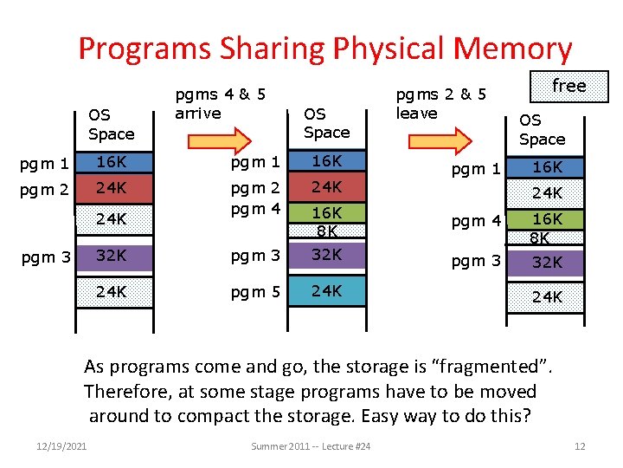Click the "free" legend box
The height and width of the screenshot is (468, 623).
coord(569,86)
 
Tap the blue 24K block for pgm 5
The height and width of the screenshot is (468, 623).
coord(326,291)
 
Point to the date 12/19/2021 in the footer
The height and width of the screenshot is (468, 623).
coord(62,446)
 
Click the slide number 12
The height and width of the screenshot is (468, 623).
coord(580,446)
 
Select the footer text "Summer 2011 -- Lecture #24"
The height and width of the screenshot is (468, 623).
coord(311,446)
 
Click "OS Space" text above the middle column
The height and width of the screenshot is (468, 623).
coord(326,123)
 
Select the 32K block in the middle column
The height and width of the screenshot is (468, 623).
coord(326,255)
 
